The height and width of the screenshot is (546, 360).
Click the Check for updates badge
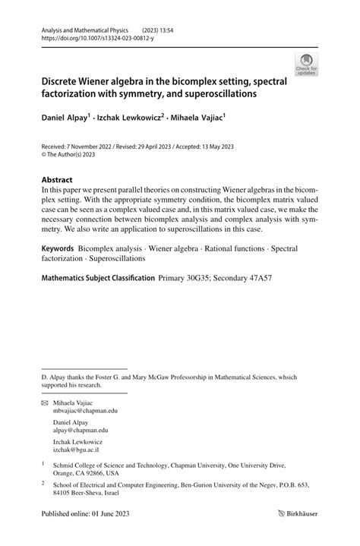(x=306, y=65)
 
